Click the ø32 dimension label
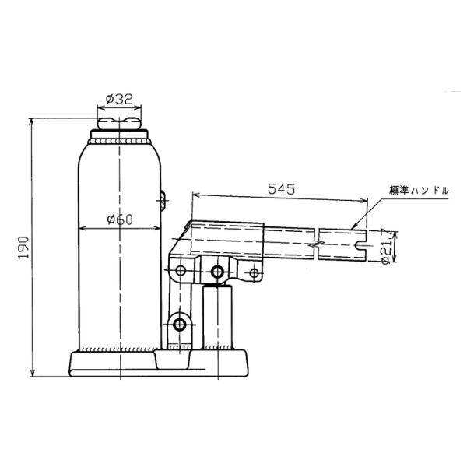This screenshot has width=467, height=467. pos(119,99)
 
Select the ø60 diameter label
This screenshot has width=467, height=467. pos(120,219)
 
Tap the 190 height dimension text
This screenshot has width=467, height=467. pos(23,248)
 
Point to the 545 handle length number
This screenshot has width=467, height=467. pos(281,189)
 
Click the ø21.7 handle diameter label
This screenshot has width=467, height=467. pos(386,246)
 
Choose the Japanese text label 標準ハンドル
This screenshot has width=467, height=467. pos(419,191)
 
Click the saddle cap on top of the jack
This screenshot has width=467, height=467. pos(119,124)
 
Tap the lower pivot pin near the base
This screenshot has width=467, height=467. pos(180,325)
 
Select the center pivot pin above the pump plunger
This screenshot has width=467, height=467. pos(217,272)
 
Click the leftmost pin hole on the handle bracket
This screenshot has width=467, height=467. pos(181,271)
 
